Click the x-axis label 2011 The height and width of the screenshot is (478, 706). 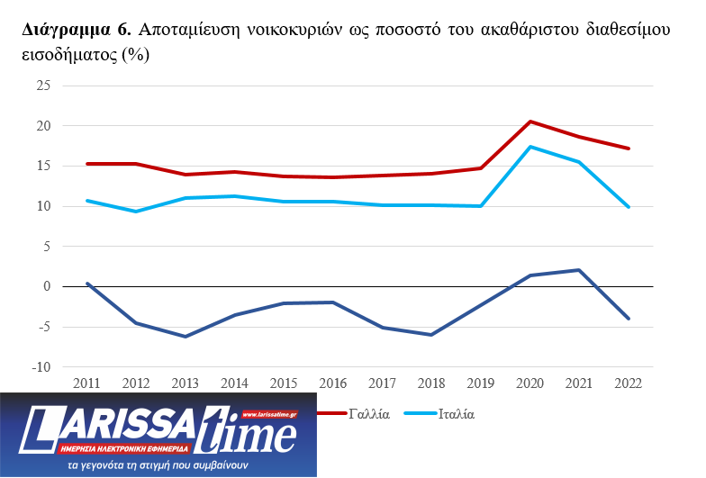87,383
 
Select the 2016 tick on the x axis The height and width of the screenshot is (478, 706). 333,383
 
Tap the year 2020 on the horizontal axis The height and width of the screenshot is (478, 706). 530,383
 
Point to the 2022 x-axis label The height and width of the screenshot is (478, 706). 629,383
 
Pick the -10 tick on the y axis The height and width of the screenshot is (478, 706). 41,367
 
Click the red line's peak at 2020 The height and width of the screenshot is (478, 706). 530,122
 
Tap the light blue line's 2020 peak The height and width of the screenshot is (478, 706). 530,147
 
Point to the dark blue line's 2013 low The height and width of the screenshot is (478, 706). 186,337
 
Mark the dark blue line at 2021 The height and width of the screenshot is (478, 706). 579,270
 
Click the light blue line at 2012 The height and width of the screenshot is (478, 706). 137,212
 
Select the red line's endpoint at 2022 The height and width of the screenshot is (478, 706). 629,149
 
